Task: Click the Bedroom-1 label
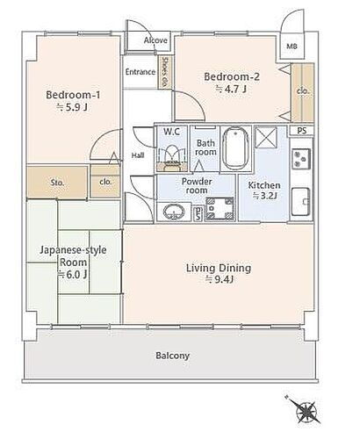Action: (73, 95)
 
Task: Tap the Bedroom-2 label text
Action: (232, 76)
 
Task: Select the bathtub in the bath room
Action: (235, 148)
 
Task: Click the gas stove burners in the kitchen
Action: (301, 159)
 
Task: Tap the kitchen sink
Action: (301, 202)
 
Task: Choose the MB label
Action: (292, 47)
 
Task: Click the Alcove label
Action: (155, 40)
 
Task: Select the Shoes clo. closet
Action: (165, 73)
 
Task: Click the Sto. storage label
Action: (57, 183)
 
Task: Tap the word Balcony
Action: (173, 356)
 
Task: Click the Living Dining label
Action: (219, 268)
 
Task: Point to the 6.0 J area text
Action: (73, 275)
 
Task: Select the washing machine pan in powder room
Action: (220, 209)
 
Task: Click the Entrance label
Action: (140, 72)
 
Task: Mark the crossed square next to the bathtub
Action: (266, 138)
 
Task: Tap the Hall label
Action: (138, 155)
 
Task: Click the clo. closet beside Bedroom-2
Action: (303, 92)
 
